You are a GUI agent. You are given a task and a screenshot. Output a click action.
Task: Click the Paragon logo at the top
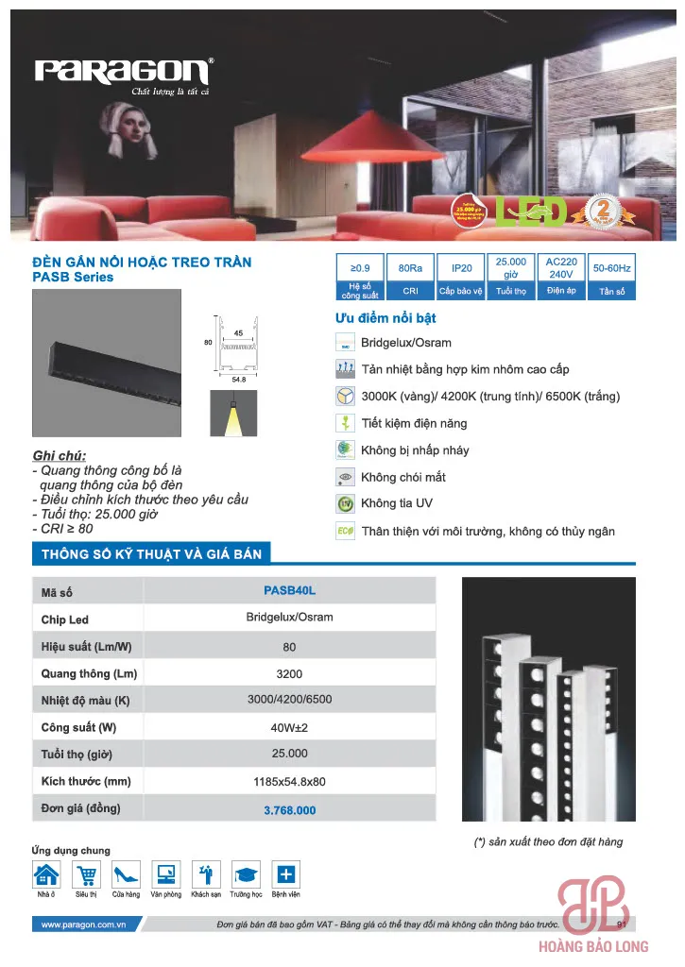(123, 72)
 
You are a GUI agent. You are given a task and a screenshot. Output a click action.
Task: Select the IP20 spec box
(461, 277)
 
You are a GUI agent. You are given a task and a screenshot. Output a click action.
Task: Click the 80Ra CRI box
(410, 277)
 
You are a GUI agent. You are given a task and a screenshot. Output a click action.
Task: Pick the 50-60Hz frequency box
(611, 277)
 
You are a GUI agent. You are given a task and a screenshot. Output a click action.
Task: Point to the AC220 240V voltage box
(561, 277)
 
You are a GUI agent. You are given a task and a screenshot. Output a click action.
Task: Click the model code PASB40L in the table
(289, 591)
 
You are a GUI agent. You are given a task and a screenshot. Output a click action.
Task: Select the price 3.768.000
(289, 810)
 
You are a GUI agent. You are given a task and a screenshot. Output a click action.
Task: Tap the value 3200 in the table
(289, 673)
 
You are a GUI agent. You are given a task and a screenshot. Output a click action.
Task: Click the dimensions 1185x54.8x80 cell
(289, 782)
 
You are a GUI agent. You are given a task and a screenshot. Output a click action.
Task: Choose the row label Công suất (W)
(78, 728)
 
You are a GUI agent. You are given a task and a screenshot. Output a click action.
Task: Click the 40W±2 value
(289, 728)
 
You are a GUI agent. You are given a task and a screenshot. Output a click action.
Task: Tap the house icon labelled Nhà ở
(46, 874)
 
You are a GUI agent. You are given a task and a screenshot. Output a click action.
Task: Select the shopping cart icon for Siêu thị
(86, 874)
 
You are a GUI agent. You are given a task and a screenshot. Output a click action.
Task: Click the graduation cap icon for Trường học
(246, 874)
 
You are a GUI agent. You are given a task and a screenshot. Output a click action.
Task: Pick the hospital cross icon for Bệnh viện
(285, 874)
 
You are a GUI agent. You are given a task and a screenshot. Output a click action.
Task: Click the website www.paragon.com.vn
(84, 925)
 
